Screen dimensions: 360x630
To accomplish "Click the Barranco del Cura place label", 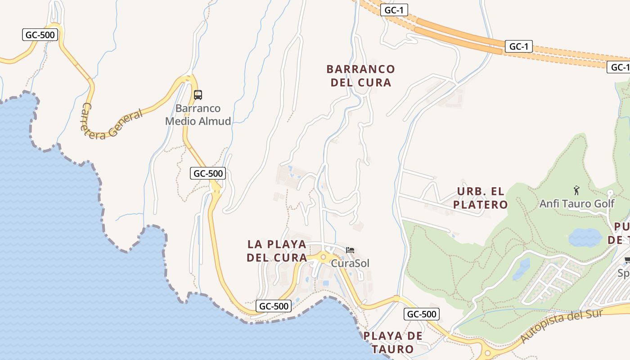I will (x=360, y=76).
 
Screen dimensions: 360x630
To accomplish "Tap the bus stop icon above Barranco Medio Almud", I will (x=198, y=95).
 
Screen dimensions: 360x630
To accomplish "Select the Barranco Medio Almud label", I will (x=198, y=115).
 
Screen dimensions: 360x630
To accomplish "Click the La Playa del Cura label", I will (x=277, y=251).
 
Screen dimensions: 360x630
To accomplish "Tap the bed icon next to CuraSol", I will (x=350, y=250).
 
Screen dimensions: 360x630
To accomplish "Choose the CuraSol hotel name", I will (x=350, y=263).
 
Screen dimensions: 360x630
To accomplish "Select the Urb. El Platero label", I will (x=480, y=198).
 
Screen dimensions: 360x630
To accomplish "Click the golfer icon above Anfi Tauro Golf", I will (x=576, y=190).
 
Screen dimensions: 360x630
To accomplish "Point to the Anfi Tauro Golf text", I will (x=577, y=204).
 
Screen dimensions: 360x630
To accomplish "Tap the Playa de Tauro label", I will (x=393, y=342).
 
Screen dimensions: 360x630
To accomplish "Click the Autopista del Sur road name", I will (x=561, y=326).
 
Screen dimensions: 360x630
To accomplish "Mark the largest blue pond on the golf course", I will (x=585, y=237).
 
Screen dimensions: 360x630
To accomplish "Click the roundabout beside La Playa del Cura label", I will (x=323, y=257).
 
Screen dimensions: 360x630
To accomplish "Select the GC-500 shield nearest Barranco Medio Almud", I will (x=207, y=173).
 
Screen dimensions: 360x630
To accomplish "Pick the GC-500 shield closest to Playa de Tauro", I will (x=421, y=314).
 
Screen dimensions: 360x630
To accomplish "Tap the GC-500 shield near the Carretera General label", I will (x=40, y=35).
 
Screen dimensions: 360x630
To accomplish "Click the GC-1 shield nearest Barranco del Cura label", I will (x=394, y=10).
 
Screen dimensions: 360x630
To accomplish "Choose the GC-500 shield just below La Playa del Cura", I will (x=274, y=306).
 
